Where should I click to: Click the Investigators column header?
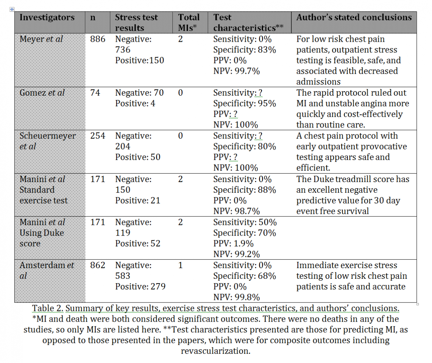tap(47, 17)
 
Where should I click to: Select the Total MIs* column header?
tap(189, 23)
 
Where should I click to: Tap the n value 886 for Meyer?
tap(98, 39)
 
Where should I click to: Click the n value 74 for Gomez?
tap(95, 93)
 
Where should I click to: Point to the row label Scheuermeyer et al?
tap(48, 141)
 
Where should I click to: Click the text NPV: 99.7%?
tap(237, 71)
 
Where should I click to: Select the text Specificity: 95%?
tap(244, 103)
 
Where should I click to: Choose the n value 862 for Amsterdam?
tap(98, 265)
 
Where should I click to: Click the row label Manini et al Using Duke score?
tap(42, 233)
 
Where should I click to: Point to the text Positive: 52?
tap(138, 244)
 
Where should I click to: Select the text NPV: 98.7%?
tap(237, 211)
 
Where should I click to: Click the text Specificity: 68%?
tap(244, 276)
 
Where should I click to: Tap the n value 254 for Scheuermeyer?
tap(98, 136)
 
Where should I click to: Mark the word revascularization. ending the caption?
tap(215, 351)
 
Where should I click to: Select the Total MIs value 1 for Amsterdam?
tap(180, 265)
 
